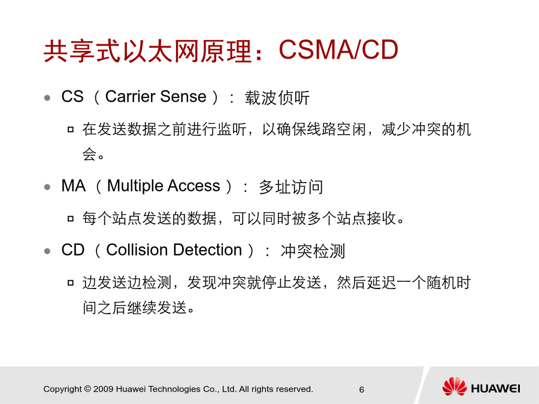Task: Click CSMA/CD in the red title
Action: [x=338, y=50]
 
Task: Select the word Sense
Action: [x=183, y=96]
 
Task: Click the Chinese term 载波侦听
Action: [x=277, y=98]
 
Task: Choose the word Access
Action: [x=194, y=186]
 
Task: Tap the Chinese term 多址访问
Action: [x=291, y=187]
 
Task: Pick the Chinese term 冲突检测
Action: [x=313, y=251]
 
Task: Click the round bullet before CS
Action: [x=47, y=98]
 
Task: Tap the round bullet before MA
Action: [x=47, y=187]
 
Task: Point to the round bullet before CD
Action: [x=47, y=251]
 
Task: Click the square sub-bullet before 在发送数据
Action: [x=71, y=129]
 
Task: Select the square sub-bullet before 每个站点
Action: [x=71, y=218]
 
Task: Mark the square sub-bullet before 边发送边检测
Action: [x=71, y=283]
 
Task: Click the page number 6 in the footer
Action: [x=362, y=390]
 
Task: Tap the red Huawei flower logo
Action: [x=455, y=387]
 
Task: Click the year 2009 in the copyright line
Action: [x=103, y=389]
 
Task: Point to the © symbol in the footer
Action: [x=87, y=389]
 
